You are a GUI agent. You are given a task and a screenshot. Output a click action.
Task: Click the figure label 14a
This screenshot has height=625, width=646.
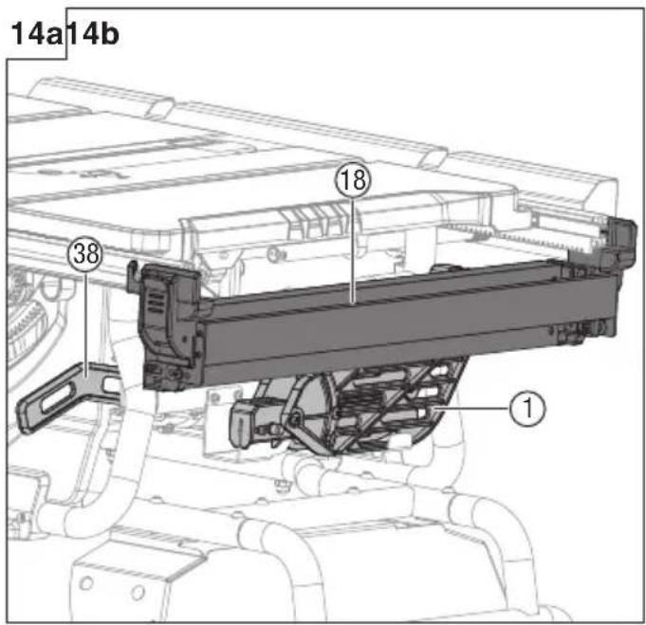pos(36,34)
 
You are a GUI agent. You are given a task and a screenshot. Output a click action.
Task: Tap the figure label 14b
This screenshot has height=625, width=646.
pos(92,34)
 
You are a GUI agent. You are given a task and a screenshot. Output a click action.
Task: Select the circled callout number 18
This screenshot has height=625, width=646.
pos(353,180)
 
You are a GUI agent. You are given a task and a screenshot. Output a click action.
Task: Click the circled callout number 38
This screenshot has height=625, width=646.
pos(85,253)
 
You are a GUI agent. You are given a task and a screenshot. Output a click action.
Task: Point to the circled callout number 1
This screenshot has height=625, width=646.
pos(527,409)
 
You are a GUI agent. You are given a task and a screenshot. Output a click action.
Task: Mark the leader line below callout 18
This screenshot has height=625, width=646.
pos(353,250)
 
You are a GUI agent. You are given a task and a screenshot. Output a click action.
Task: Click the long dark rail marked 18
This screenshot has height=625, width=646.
pos(408,325)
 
